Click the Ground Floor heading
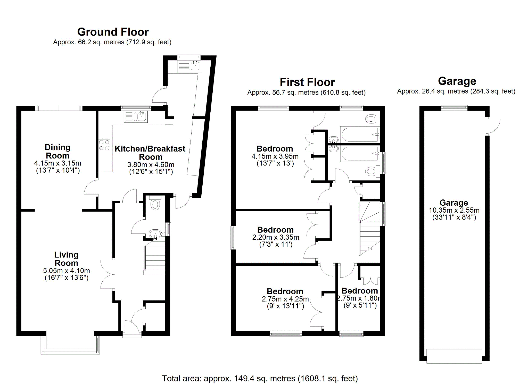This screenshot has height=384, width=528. point(113,32)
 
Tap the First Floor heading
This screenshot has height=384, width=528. point(307,82)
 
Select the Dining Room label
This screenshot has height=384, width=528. point(57,152)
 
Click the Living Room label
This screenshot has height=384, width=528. point(66,259)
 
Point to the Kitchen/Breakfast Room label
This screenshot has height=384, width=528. point(150,153)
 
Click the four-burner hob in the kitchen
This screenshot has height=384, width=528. point(104,145)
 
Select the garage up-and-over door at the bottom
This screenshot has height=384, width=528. point(454,356)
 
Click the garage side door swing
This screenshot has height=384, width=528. point(493,127)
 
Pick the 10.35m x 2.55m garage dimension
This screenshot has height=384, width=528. point(454,210)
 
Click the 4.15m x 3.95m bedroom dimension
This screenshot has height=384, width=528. point(275,156)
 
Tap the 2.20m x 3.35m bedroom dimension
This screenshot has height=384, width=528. point(276,237)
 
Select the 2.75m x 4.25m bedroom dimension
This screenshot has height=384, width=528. point(285,299)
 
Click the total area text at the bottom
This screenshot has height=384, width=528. point(260,378)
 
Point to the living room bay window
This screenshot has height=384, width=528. point(70,345)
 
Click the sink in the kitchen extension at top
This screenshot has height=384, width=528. point(195,66)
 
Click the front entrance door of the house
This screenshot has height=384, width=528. point(132,329)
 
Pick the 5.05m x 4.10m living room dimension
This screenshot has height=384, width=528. point(67,271)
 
